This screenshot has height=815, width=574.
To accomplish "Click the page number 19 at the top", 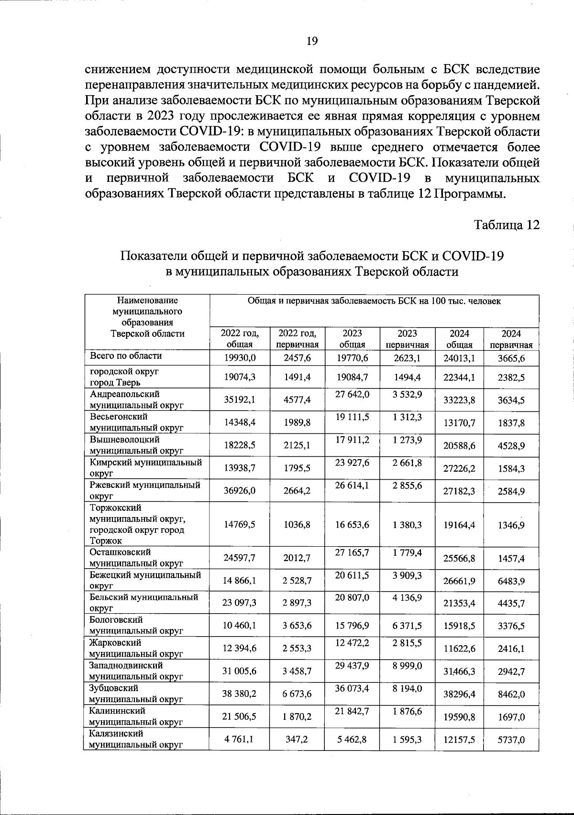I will tap(311, 41).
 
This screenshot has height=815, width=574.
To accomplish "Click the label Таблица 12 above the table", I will tap(507, 225).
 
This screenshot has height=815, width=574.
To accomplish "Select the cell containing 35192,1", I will tap(240, 400).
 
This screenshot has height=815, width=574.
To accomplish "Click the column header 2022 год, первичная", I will tap(298, 339).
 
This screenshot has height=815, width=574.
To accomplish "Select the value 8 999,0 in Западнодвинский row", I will tap(407, 666).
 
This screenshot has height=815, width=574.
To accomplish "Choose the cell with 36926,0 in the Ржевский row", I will tap(240, 491).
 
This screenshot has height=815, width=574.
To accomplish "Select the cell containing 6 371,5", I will tap(407, 626).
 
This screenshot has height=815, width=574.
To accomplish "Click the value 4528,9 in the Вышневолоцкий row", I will tap(511, 445).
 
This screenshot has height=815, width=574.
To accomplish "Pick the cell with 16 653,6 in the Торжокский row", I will tap(352, 525).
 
